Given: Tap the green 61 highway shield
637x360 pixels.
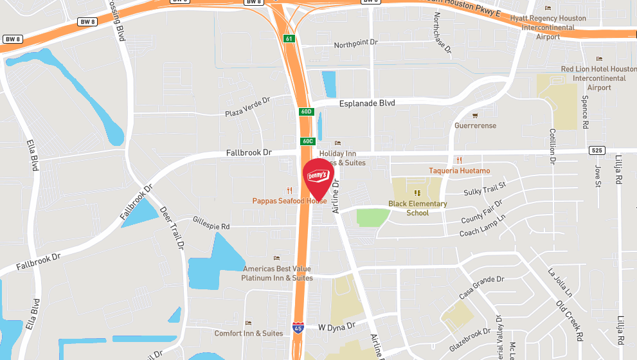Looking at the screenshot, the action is point(290,39).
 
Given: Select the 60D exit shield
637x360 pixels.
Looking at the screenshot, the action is point(306,111).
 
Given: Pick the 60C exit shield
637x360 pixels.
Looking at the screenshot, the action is point(306,141).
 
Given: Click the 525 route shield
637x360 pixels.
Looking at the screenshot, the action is point(597,150).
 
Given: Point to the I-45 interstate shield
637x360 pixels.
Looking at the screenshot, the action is point(298,328).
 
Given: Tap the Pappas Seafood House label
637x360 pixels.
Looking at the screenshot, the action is point(289,201).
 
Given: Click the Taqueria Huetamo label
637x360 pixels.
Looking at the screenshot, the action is point(460,170).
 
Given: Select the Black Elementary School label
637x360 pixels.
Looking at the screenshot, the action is point(417,208).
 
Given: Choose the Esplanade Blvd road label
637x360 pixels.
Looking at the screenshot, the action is point(366,103).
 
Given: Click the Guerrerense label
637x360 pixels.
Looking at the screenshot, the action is point(475,125).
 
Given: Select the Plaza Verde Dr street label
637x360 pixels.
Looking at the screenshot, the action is point(247,107).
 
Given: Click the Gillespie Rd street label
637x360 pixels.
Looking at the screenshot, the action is point(211,226).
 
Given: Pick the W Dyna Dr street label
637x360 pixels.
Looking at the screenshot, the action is point(337,327).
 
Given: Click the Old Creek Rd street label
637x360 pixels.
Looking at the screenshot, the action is point(570,319).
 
